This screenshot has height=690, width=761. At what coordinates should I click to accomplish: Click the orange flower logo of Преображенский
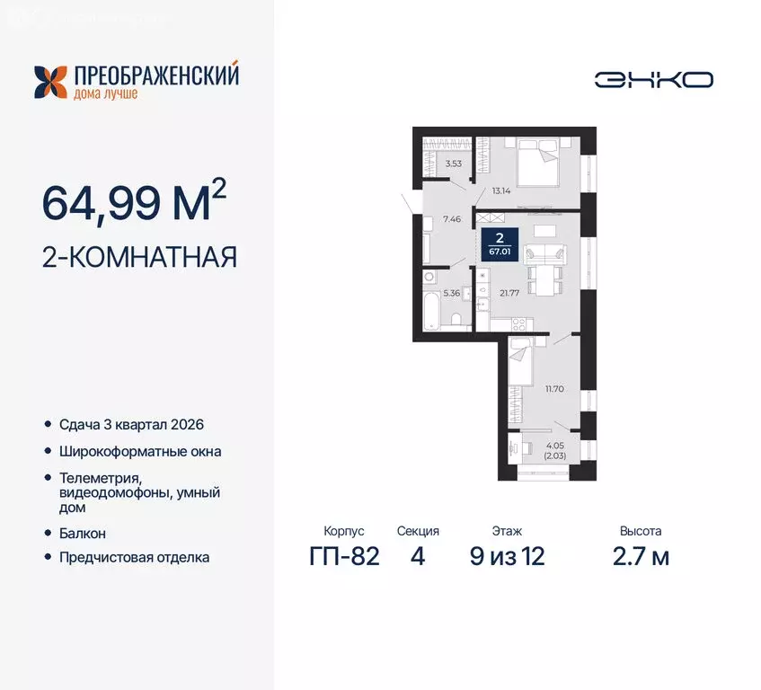click(51, 82)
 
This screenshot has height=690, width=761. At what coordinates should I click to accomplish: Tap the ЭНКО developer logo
click(653, 79)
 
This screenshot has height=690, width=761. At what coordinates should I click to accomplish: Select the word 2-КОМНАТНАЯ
click(140, 258)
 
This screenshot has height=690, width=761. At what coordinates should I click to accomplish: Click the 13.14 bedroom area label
click(502, 190)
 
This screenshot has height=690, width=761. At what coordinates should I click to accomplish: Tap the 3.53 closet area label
click(454, 164)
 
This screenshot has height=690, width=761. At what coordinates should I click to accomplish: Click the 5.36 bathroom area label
click(452, 293)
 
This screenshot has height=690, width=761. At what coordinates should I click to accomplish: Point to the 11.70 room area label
click(554, 389)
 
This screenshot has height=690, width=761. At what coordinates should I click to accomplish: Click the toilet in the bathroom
click(456, 319)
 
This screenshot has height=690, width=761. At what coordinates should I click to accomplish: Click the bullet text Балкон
click(83, 533)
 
